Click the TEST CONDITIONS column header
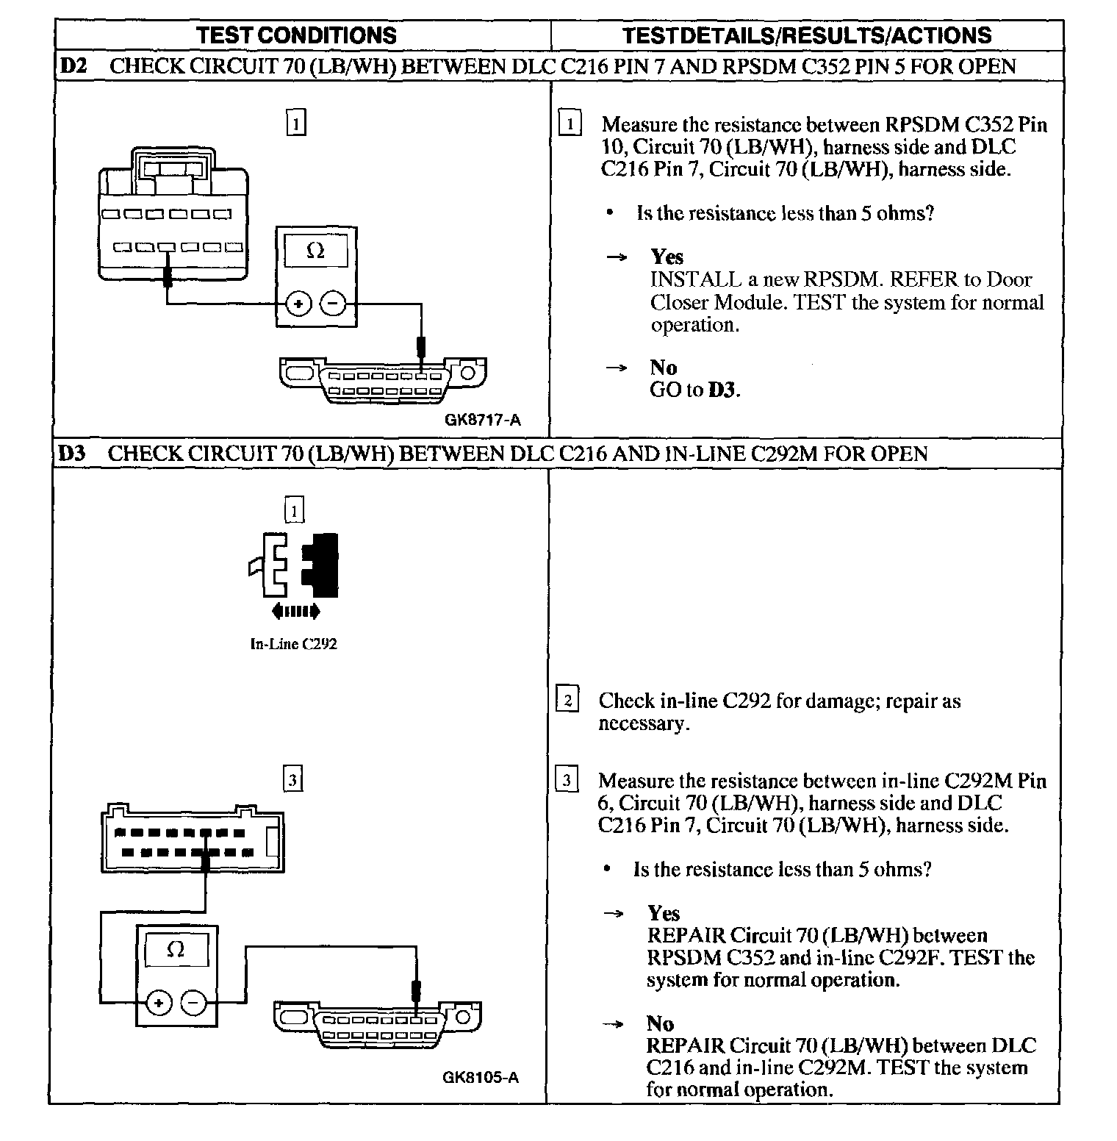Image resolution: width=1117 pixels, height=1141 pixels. [296, 35]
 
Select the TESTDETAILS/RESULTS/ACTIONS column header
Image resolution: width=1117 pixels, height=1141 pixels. [806, 35]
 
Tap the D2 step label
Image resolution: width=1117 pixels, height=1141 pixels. [73, 66]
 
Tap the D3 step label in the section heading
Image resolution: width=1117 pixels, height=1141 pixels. [71, 453]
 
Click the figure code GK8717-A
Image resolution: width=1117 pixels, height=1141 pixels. [482, 420]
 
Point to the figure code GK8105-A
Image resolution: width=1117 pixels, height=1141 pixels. [481, 1077]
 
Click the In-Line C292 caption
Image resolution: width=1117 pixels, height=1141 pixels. [293, 644]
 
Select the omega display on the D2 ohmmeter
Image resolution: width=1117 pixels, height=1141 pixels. [315, 251]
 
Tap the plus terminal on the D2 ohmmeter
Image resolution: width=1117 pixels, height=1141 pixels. [298, 303]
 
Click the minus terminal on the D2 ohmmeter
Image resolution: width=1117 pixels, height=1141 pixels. [333, 303]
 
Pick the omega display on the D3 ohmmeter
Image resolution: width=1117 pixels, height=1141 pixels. [176, 950]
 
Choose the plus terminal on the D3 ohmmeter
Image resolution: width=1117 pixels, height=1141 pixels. [159, 1002]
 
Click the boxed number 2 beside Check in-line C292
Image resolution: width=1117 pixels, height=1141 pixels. [567, 700]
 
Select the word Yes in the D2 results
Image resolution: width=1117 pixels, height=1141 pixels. [667, 257]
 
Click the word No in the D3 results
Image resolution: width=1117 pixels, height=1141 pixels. [660, 1023]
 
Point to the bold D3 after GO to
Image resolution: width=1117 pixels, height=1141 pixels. [722, 390]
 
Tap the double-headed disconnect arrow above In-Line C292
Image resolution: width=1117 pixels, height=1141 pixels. [295, 610]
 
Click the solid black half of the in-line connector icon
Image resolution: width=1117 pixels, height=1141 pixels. [323, 565]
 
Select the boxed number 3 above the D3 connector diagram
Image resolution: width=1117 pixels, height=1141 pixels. [292, 779]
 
